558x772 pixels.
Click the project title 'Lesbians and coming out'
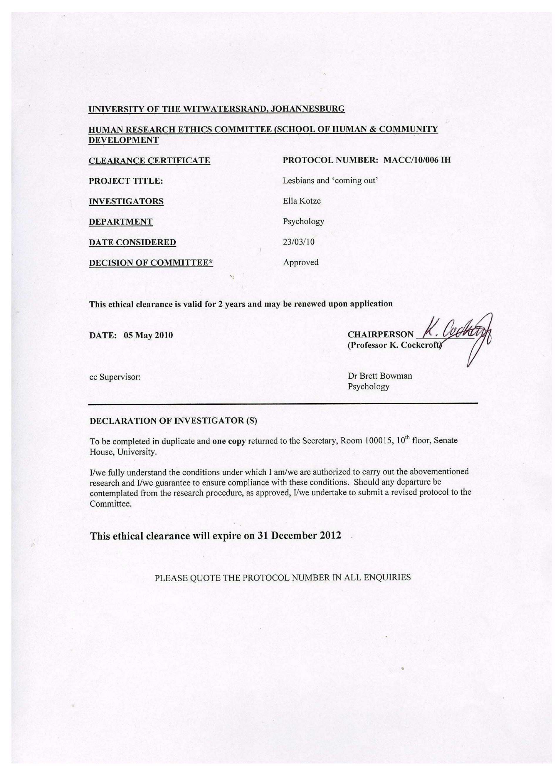pos(330,180)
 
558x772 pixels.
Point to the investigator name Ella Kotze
pos(301,201)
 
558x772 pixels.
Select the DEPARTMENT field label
pos(120,222)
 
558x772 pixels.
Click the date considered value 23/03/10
pos(298,242)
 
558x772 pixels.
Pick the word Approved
pos(301,262)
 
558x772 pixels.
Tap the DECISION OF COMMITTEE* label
pos(151,263)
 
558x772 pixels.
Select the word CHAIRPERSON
pos(380,335)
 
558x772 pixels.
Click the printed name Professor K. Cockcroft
pos(395,345)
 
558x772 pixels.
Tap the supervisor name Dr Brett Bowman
pos(379,376)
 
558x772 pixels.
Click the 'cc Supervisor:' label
pos(115,377)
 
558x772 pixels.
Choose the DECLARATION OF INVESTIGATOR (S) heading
pos(173,421)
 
